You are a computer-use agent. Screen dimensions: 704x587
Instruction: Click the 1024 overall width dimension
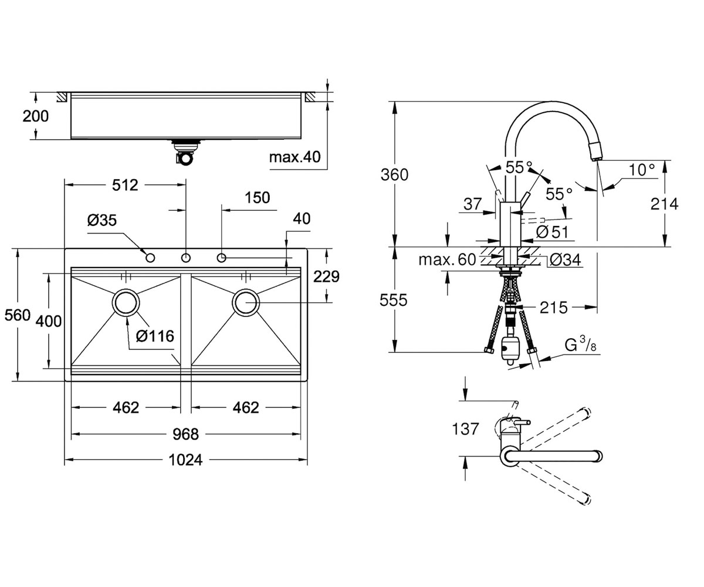tap(185, 460)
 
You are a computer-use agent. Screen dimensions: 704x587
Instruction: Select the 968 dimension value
tap(185, 434)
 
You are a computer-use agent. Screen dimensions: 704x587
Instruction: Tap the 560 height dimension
tap(18, 315)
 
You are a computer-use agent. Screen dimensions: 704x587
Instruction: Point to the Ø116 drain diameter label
tap(155, 336)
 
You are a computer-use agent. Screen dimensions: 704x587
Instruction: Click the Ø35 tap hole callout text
tap(102, 220)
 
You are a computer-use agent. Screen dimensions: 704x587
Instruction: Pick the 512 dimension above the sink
tap(125, 185)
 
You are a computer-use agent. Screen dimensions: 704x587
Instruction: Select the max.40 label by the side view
tap(295, 157)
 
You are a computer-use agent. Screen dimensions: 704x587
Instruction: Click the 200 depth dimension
tap(35, 116)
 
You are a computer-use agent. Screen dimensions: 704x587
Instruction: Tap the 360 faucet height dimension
tap(394, 175)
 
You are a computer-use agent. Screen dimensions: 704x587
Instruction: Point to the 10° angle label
tap(642, 170)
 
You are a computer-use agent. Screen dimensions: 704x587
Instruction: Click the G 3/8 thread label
tap(581, 346)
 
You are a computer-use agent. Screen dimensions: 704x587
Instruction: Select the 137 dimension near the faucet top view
tap(465, 429)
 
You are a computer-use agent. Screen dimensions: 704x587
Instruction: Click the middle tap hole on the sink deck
tap(186, 258)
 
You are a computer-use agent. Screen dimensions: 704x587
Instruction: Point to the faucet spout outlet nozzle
tap(595, 153)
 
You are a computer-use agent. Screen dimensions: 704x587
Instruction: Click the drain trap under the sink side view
tap(186, 153)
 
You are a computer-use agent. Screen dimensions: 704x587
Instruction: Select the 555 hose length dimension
tap(394, 300)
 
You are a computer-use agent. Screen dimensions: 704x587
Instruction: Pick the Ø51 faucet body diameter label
tap(552, 232)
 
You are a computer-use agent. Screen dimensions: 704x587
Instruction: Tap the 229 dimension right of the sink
tap(326, 276)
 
